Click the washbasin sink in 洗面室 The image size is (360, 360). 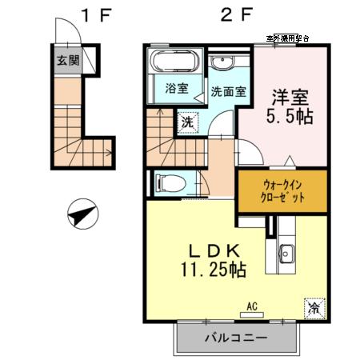click(223, 63)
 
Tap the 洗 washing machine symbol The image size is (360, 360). click(186, 122)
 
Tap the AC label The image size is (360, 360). click(251, 305)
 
